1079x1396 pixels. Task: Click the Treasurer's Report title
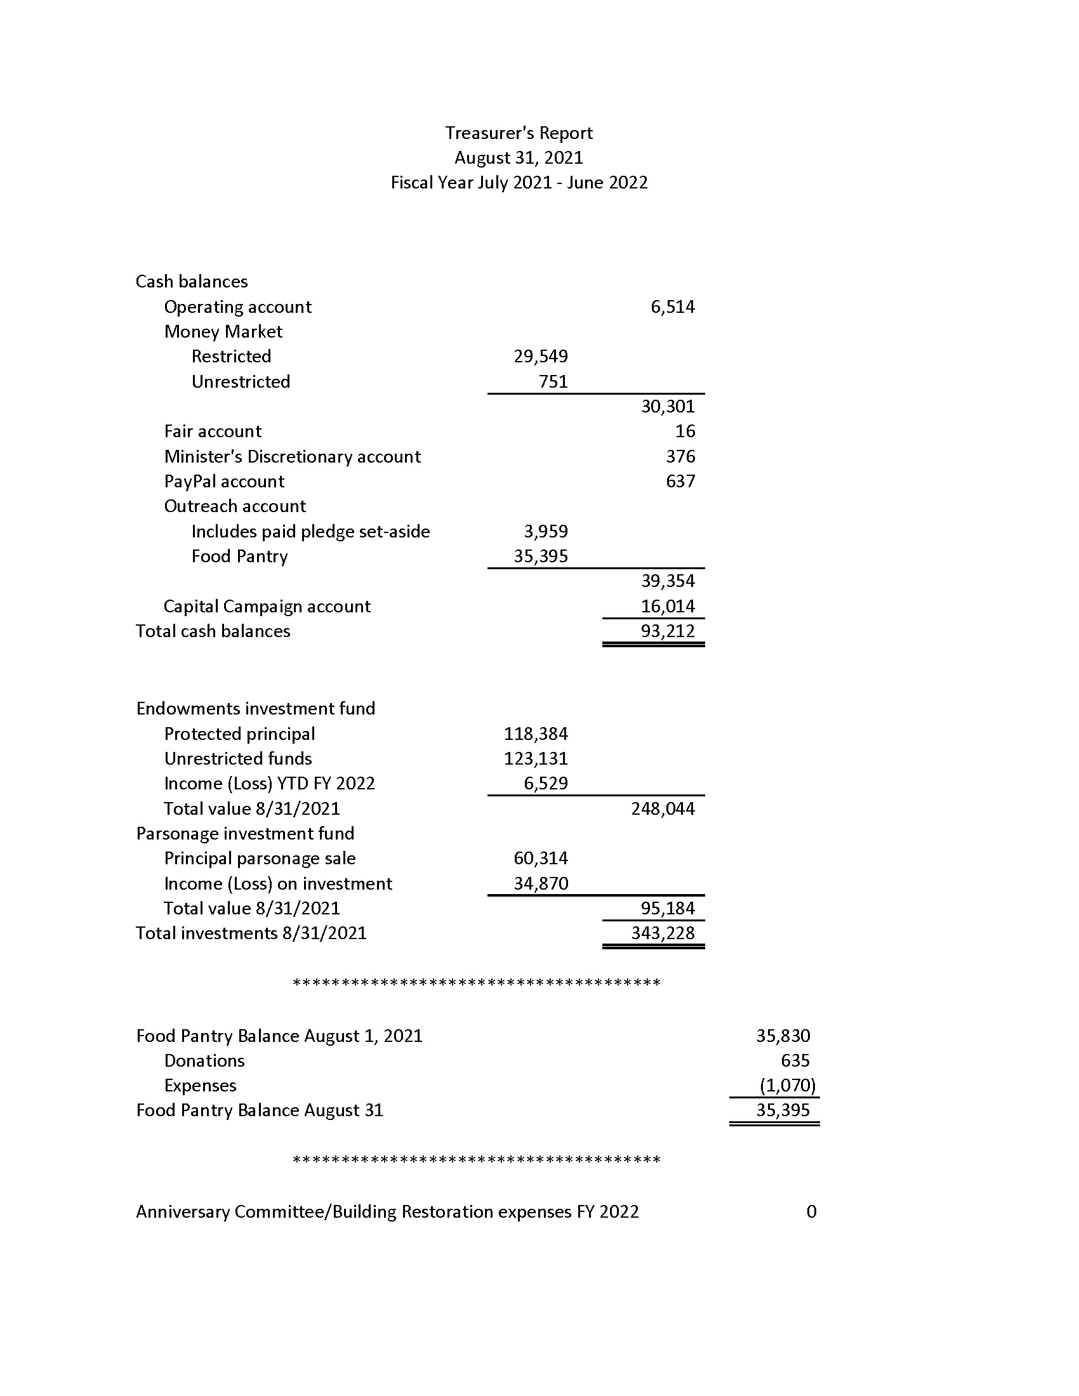[519, 133]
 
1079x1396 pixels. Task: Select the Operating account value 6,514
[672, 307]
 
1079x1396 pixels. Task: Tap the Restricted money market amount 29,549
[541, 357]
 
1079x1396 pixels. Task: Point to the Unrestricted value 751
[553, 381]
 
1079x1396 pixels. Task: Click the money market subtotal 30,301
[667, 407]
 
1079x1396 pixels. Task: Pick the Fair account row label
[212, 431]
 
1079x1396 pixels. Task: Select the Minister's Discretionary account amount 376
[680, 456]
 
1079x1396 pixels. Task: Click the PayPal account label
[223, 482]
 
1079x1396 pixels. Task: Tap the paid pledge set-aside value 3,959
[545, 531]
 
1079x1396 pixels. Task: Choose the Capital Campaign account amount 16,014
[667, 606]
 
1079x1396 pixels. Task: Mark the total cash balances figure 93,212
[667, 631]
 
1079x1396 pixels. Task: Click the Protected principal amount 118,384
[536, 734]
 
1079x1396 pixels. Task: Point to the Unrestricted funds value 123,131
[536, 759]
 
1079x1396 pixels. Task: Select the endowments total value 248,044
[662, 808]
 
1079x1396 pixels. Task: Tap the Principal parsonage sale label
[260, 859]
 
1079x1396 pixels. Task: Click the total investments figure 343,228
[662, 933]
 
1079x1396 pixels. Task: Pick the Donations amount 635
[795, 1060]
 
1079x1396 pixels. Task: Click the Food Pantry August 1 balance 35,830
[783, 1036]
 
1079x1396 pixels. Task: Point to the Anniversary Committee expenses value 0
[811, 1211]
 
